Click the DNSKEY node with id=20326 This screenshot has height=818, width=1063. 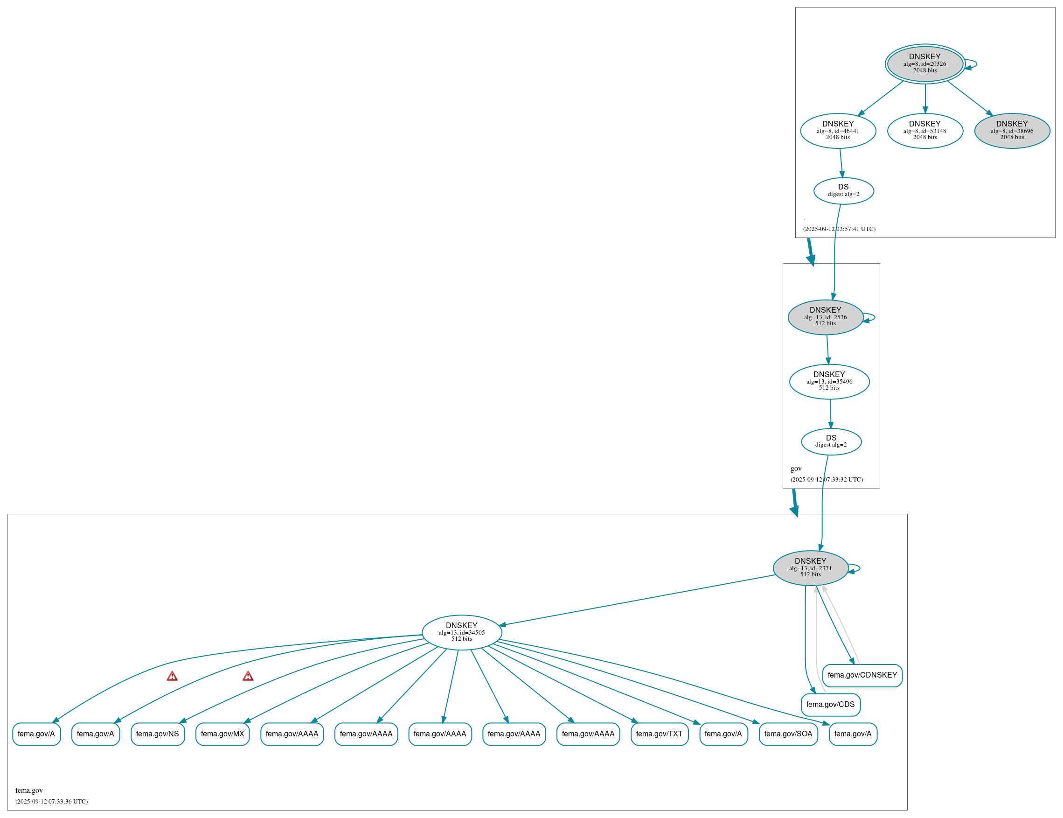pyautogui.click(x=925, y=64)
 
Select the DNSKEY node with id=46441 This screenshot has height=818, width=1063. pyautogui.click(x=838, y=131)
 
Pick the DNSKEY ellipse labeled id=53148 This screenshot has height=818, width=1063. pyautogui.click(x=925, y=131)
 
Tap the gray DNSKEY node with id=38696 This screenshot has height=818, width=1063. pyautogui.click(x=1012, y=131)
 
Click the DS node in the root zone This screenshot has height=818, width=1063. pyautogui.click(x=843, y=191)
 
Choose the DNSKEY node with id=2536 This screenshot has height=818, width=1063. pyautogui.click(x=826, y=317)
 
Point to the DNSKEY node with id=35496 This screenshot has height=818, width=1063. pyautogui.click(x=829, y=382)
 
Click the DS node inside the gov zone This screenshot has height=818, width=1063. pyautogui.click(x=831, y=441)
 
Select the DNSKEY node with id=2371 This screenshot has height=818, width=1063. pyautogui.click(x=810, y=568)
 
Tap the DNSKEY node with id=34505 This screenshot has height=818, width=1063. pyautogui.click(x=462, y=632)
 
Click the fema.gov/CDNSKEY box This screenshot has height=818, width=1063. pyautogui.click(x=862, y=675)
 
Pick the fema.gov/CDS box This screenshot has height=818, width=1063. pyautogui.click(x=830, y=705)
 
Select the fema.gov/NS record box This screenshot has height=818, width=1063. pyautogui.click(x=158, y=734)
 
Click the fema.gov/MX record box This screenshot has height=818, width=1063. pyautogui.click(x=222, y=734)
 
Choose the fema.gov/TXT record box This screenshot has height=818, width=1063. pyautogui.click(x=659, y=734)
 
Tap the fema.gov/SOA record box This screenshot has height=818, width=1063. pyautogui.click(x=788, y=734)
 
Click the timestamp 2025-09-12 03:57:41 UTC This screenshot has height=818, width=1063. pyautogui.click(x=839, y=229)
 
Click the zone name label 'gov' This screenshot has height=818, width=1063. pyautogui.click(x=796, y=468)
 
